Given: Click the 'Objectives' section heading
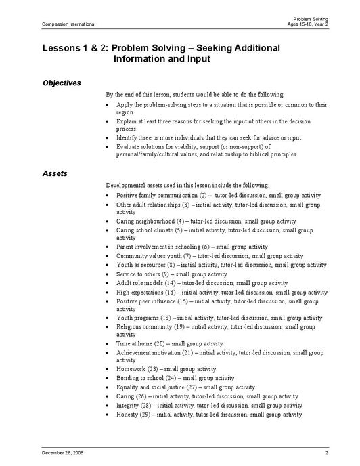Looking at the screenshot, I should (62, 83).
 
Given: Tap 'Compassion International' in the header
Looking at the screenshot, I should (68, 24).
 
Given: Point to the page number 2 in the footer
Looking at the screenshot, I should (326, 452).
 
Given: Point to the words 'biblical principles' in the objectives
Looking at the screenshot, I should (269, 154).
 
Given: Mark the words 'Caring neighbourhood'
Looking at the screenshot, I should (145, 221).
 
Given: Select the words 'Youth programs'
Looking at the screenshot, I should (137, 317).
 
